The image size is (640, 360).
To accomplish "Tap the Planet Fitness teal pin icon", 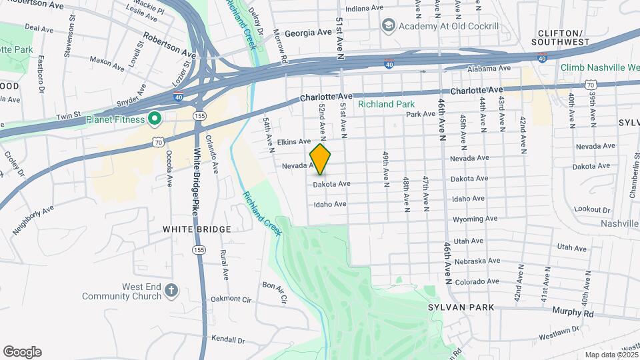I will click(155, 119).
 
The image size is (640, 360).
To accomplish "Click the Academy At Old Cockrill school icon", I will click(388, 25).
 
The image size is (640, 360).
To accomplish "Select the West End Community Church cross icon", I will click(171, 290).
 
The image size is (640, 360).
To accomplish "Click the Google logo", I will click(22, 352).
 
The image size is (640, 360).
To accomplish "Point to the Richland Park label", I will click(386, 104).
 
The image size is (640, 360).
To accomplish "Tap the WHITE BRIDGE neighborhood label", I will click(197, 229).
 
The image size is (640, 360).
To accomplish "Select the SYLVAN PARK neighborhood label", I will click(462, 307).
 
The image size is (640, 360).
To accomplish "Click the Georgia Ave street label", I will click(309, 33).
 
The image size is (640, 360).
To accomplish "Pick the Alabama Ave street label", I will click(488, 69).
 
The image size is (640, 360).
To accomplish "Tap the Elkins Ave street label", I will click(294, 141).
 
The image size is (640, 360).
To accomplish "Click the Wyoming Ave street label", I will click(475, 219).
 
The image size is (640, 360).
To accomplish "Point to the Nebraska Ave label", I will click(476, 261).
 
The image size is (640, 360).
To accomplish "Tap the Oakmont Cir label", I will click(232, 301).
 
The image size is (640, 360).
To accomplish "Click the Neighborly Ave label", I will click(33, 221).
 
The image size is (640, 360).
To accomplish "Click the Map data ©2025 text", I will click(611, 355).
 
